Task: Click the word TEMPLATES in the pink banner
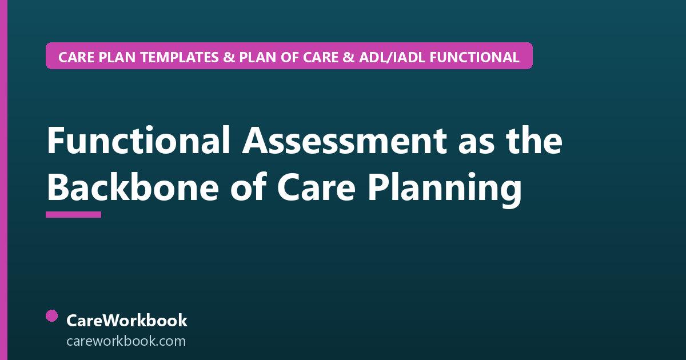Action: coord(180,57)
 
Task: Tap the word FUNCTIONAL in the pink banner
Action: coord(474,57)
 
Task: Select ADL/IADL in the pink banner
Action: coord(392,57)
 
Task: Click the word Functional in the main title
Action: coord(138,140)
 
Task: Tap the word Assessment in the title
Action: coord(345,140)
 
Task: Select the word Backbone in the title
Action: coord(133,187)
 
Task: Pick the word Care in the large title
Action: coord(316,188)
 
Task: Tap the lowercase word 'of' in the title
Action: coord(248,187)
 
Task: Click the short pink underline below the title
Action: coord(74,214)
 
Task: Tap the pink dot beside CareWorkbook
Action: coord(52,316)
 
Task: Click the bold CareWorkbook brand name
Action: coord(127,321)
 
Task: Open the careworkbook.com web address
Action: coord(126,341)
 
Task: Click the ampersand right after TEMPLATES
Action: coord(229,57)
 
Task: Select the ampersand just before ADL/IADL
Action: coord(348,57)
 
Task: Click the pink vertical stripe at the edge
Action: coord(3,180)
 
